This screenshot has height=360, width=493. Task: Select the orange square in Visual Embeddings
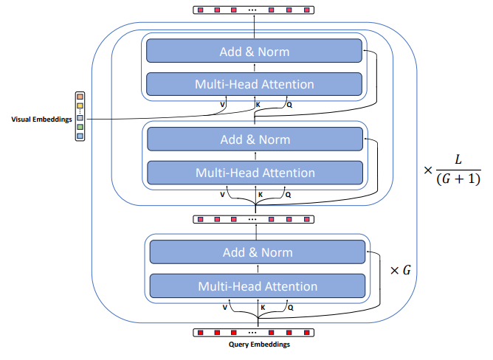pos(80,97)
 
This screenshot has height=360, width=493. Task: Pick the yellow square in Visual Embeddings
pos(80,106)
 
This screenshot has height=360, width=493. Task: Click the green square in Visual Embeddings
pos(80,127)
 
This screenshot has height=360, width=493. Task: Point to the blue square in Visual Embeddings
pos(80,136)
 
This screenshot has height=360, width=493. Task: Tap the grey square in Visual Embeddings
pos(80,118)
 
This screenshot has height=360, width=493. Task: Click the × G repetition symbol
pos(399,270)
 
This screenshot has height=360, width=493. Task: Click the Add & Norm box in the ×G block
pos(258,252)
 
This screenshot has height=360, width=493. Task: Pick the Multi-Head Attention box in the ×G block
pos(258,286)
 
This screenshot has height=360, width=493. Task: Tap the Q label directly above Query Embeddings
pos(289,306)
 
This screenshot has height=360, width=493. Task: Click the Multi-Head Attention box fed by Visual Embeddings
pos(254,84)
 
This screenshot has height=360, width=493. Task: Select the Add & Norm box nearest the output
pos(254,52)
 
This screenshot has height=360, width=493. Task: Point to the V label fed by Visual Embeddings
pos(223,105)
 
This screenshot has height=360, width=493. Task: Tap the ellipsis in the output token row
pos(253,10)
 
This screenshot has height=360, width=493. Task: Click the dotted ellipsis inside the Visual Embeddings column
pos(80,112)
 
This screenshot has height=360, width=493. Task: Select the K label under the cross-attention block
pos(258,105)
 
